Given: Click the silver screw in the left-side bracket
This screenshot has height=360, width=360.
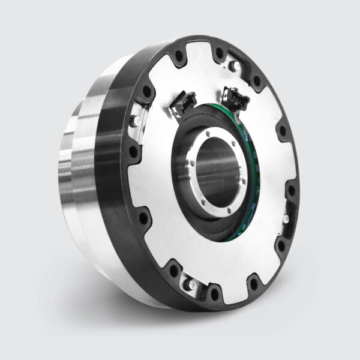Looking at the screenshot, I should point(137,124).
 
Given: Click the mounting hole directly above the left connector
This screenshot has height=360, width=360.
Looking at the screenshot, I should point(178,58).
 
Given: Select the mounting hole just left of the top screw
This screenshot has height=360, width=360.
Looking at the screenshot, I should point(178,58).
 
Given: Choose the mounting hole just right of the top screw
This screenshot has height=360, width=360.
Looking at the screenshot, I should point(220,53).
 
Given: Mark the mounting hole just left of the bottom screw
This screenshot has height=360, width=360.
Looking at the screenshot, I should point(174,270).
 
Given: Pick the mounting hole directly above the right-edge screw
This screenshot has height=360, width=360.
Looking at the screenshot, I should point(291,191).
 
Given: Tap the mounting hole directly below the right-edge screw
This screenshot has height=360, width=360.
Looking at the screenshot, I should point(280,245).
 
